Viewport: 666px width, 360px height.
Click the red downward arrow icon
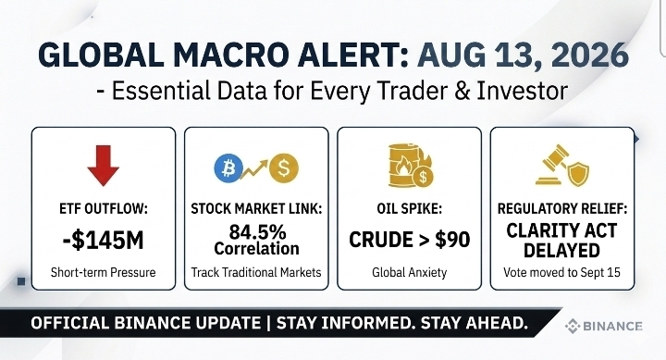[x=104, y=165]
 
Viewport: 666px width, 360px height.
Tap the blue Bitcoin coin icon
[x=228, y=168]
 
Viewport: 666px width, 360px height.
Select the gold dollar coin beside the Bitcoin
[x=284, y=168]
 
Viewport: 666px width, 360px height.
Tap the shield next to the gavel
[x=578, y=174]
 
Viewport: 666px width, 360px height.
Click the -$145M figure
[x=104, y=240]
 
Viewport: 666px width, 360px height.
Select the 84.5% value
[x=257, y=232]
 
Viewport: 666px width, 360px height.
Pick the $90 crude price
[x=452, y=240]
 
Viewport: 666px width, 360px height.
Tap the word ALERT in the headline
[x=353, y=55]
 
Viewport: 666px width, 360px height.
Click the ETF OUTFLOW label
[x=104, y=209]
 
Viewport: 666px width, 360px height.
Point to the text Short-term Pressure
[x=104, y=272]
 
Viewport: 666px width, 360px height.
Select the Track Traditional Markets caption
[x=256, y=272]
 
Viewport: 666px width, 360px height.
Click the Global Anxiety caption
[x=410, y=272]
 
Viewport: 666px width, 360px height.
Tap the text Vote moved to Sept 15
[x=562, y=272]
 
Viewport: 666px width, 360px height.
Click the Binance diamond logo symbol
[x=573, y=326]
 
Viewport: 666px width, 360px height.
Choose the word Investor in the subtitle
[x=522, y=91]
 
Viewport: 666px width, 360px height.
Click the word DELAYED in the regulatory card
[x=561, y=250]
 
